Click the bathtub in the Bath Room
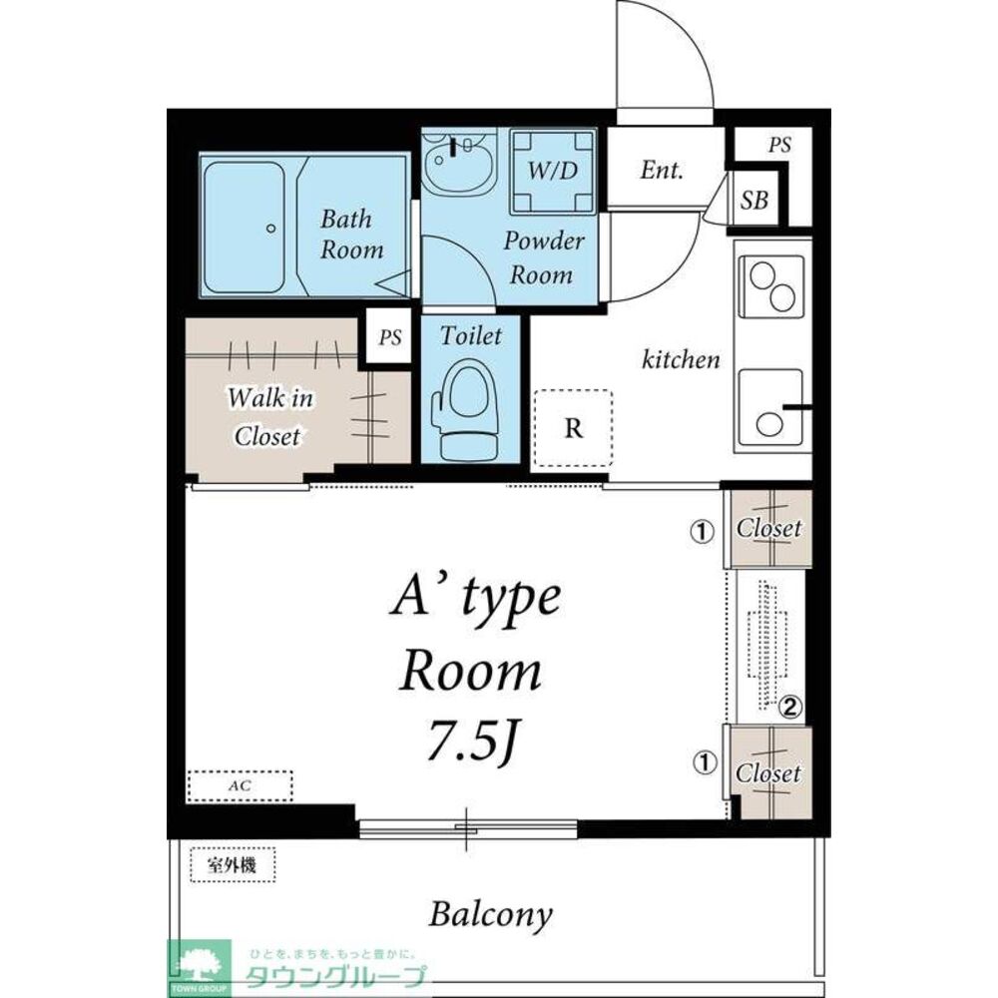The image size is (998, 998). [x=244, y=227]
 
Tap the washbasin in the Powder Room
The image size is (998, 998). [x=459, y=164]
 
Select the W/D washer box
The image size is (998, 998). [x=553, y=171]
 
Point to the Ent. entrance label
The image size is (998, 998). [x=662, y=170]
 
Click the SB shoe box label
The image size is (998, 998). [x=754, y=200]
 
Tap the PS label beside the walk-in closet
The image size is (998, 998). [x=389, y=336]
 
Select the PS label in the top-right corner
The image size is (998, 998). [x=779, y=145]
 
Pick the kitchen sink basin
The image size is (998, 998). [x=770, y=408]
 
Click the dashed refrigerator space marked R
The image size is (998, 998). [x=573, y=428]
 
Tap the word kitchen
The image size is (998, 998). [x=681, y=359]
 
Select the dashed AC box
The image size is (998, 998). [x=240, y=785]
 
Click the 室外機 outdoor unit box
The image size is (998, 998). [x=233, y=865]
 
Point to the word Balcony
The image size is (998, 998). [x=491, y=914]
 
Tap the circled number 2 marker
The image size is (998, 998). [x=789, y=707]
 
